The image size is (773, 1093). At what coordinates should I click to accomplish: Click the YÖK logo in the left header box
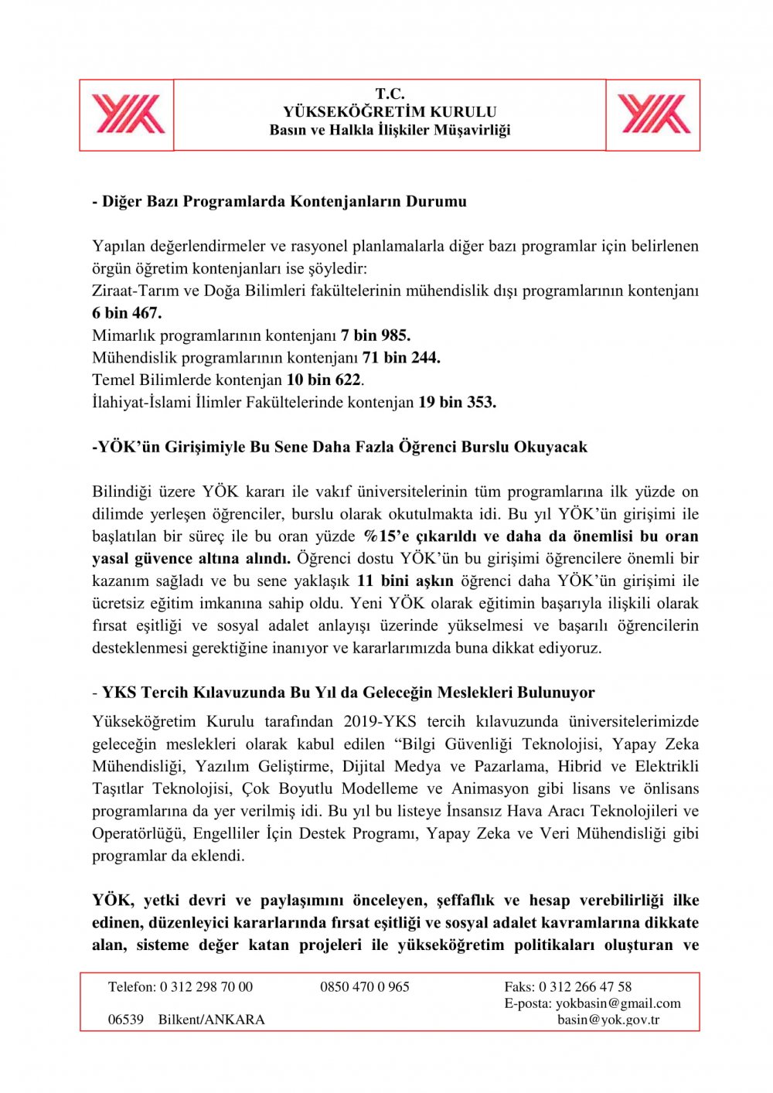pyautogui.click(x=128, y=114)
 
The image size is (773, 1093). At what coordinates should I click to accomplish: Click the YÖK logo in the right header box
pyautogui.click(x=654, y=114)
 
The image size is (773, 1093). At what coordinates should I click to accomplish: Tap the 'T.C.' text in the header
pyautogui.click(x=390, y=94)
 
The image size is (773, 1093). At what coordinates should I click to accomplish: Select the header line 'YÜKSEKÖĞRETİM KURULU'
pyautogui.click(x=390, y=111)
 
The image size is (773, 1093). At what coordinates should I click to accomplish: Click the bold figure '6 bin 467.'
pyautogui.click(x=127, y=313)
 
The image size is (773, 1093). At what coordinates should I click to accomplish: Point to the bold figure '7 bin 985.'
pyautogui.click(x=376, y=335)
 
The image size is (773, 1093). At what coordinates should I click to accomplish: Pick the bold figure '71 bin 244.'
pyautogui.click(x=401, y=358)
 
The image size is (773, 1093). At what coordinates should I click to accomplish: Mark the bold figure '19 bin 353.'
pyautogui.click(x=458, y=403)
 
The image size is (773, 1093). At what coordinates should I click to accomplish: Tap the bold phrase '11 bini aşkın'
pyautogui.click(x=405, y=581)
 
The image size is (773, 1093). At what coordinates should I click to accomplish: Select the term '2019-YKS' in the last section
pyautogui.click(x=380, y=722)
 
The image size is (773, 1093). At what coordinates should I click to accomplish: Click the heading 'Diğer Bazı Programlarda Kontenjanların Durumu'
pyautogui.click(x=284, y=202)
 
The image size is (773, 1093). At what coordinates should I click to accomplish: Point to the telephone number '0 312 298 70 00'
pyautogui.click(x=206, y=987)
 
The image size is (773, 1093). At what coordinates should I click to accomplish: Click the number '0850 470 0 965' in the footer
pyautogui.click(x=365, y=987)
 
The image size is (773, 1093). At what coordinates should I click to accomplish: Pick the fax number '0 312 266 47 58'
pyautogui.click(x=585, y=987)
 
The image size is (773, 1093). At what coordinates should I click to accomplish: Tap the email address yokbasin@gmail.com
pyautogui.click(x=618, y=1003)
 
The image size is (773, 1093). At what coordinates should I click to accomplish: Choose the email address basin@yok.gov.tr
pyautogui.click(x=608, y=1020)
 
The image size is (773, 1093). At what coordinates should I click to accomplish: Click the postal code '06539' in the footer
pyautogui.click(x=126, y=1020)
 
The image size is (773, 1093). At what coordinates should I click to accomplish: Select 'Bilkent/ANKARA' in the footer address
pyautogui.click(x=212, y=1020)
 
